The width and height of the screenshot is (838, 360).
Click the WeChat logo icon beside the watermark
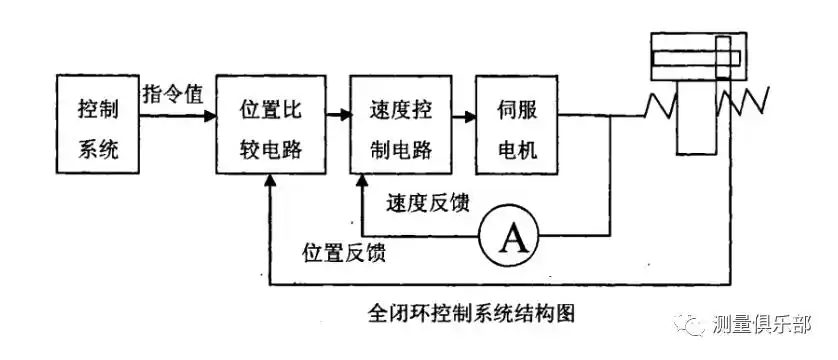[693, 325]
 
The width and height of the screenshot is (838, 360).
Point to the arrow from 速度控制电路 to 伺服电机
[461, 116]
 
